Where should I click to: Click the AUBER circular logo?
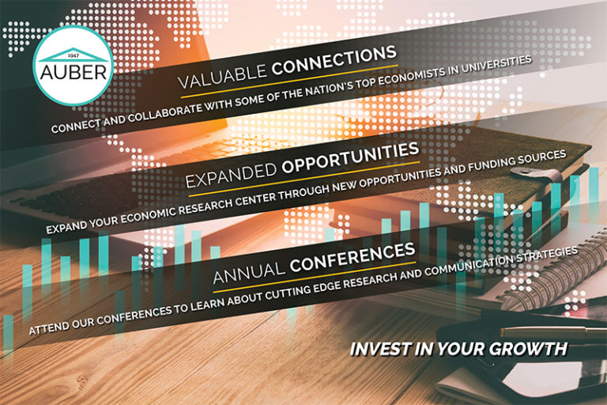[74, 63]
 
